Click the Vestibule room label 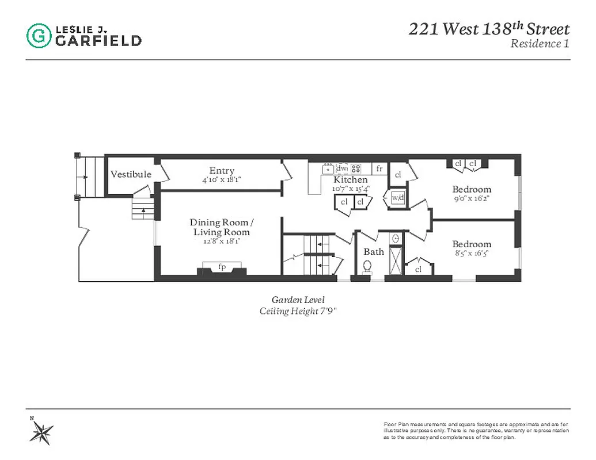point(131,174)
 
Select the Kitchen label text point(350,180)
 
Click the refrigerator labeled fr point(379,168)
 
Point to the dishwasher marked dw point(342,168)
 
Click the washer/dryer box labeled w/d point(398,197)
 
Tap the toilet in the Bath point(367,266)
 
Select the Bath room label point(373,251)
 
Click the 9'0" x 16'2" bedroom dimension point(472,198)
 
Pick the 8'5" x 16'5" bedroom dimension point(472,253)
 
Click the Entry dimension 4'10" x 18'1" point(222,179)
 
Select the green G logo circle point(39,36)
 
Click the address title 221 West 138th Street point(489,29)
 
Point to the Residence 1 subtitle point(540,44)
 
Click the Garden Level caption point(298,300)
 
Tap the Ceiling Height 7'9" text point(298,311)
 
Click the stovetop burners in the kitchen point(356,168)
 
